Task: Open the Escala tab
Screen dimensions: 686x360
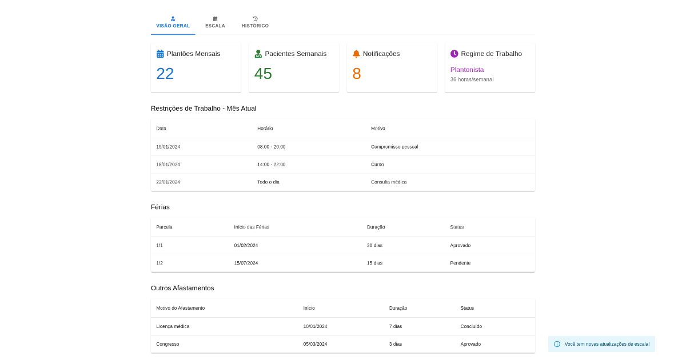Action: (215, 23)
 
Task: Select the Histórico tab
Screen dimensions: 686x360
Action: (255, 23)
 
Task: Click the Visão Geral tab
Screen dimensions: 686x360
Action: (173, 23)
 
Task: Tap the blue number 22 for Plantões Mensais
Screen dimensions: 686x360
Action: (165, 74)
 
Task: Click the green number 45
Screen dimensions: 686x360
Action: (263, 74)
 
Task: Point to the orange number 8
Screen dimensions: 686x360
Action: (357, 74)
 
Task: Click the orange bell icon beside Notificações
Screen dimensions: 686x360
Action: (356, 54)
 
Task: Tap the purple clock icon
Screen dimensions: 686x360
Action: (454, 54)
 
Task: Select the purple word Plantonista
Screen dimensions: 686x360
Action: (467, 70)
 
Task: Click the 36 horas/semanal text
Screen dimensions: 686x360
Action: (472, 79)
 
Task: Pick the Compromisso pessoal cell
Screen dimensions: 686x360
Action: (394, 147)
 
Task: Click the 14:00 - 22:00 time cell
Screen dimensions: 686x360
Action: (272, 165)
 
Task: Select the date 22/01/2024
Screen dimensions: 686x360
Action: (168, 182)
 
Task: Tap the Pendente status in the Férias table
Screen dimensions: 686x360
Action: (460, 263)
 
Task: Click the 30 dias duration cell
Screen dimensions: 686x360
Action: (374, 245)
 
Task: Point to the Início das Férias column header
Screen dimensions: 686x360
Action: (252, 227)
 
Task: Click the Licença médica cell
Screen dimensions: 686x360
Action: (173, 326)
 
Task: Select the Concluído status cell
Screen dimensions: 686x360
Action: (471, 326)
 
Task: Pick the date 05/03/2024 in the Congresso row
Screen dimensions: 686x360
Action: (315, 344)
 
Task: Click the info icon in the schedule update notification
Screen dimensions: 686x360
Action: (557, 344)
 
